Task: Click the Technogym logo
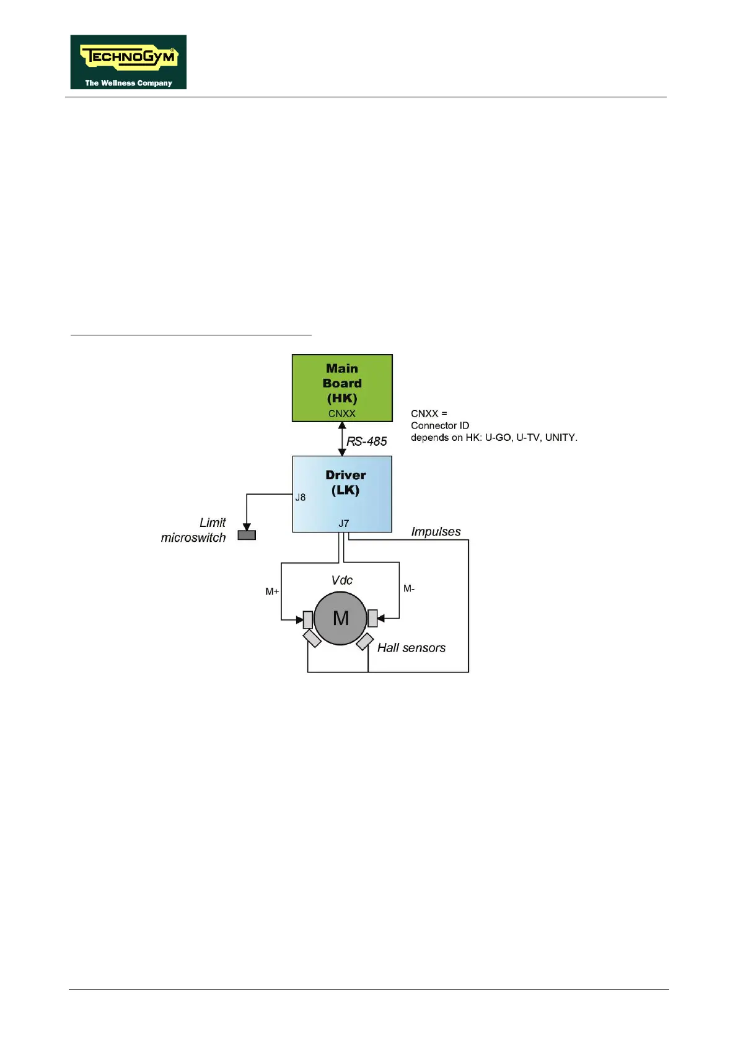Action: (x=128, y=62)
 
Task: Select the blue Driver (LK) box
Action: (x=342, y=494)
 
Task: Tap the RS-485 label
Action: (x=367, y=441)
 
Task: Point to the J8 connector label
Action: (x=301, y=497)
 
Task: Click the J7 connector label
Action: (x=344, y=524)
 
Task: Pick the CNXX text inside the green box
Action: (x=342, y=414)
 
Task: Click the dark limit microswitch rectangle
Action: (x=247, y=535)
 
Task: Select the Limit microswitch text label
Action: (x=194, y=530)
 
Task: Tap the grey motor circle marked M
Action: (x=340, y=618)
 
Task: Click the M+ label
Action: (x=272, y=591)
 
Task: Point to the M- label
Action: (x=409, y=588)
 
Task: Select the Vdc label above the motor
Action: (x=342, y=580)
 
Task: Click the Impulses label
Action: (x=436, y=532)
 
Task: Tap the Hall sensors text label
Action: (x=411, y=648)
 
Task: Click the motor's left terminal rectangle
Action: (x=308, y=619)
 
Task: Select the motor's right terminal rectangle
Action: (x=372, y=618)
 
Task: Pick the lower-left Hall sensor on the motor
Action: (x=312, y=639)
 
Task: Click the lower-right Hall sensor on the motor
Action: (x=365, y=642)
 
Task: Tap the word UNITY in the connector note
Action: (x=560, y=437)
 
